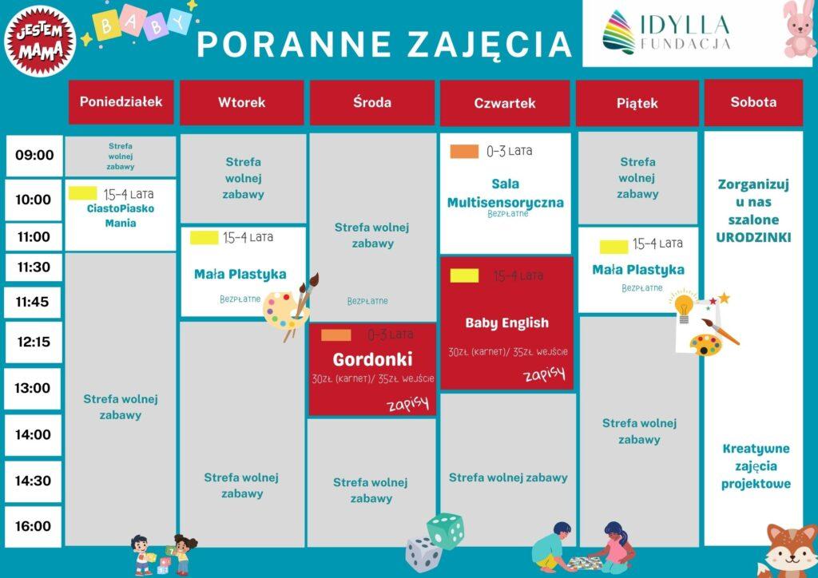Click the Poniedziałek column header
[121, 101]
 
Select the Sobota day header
[753, 102]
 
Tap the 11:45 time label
[32, 302]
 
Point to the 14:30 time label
[33, 481]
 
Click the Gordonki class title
[372, 359]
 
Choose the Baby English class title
[506, 323]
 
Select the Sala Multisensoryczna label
[506, 193]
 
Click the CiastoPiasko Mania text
[121, 216]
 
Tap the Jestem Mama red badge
[40, 42]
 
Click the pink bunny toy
[799, 30]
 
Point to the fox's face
[792, 553]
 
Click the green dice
[445, 531]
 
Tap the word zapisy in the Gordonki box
[408, 403]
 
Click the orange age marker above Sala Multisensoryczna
[464, 152]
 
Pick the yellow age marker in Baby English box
[464, 275]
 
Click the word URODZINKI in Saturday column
[753, 237]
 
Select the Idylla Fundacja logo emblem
[619, 32]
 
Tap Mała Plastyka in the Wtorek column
[240, 275]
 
